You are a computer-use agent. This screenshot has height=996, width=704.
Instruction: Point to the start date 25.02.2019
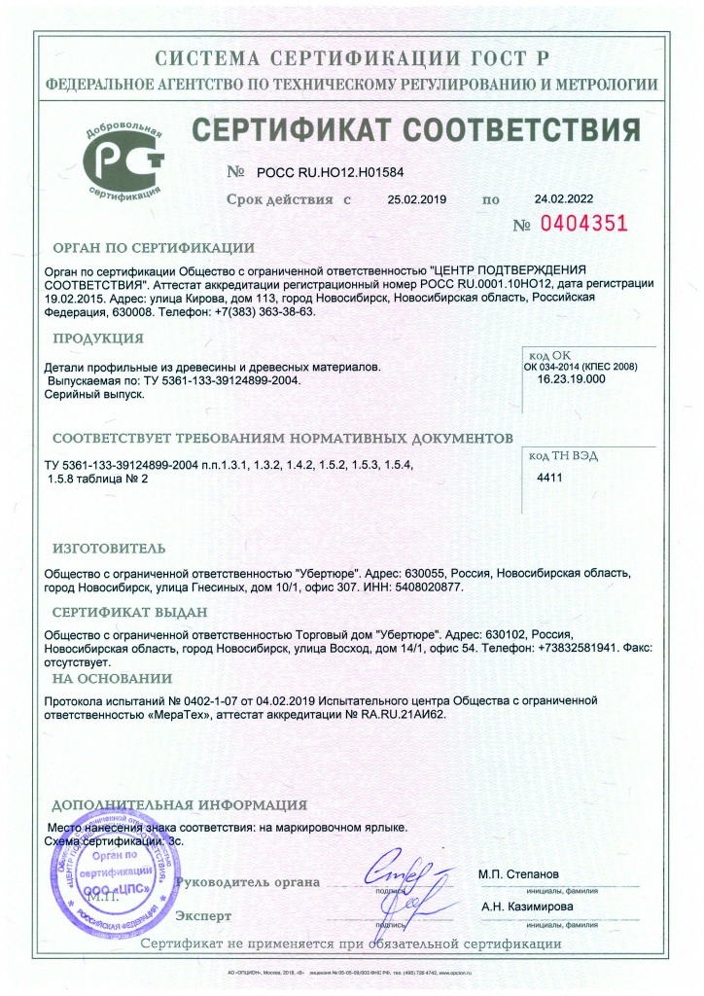(x=416, y=199)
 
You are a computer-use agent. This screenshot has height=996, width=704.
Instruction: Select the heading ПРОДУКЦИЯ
(x=98, y=338)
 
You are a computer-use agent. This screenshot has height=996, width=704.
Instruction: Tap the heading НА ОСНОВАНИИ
(x=112, y=677)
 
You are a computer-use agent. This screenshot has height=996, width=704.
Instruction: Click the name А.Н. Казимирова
(x=526, y=907)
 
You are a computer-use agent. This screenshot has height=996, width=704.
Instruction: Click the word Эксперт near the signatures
(x=203, y=916)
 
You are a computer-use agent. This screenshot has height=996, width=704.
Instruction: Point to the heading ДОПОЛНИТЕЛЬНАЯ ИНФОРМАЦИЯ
(x=179, y=805)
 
